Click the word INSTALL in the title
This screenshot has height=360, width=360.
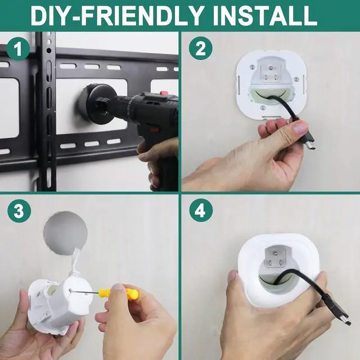coord(265,16)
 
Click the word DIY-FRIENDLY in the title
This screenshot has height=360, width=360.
coord(118,16)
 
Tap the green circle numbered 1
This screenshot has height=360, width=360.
coord(18,48)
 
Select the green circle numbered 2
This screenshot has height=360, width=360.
coord(201,48)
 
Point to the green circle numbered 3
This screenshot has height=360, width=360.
coord(19,211)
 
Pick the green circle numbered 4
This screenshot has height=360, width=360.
coord(201,210)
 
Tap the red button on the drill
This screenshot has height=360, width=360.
coord(164,93)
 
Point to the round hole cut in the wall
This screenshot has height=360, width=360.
coord(65,233)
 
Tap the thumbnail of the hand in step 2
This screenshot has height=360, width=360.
coord(300,128)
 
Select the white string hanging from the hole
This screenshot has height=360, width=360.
coord(75,260)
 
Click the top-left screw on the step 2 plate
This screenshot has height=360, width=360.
coord(253,67)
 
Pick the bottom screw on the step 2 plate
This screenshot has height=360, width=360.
coord(263,107)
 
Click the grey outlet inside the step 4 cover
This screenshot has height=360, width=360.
coord(276,257)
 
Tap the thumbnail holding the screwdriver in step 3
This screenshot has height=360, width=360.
coord(118,289)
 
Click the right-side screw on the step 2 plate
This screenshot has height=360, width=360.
coord(296,79)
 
